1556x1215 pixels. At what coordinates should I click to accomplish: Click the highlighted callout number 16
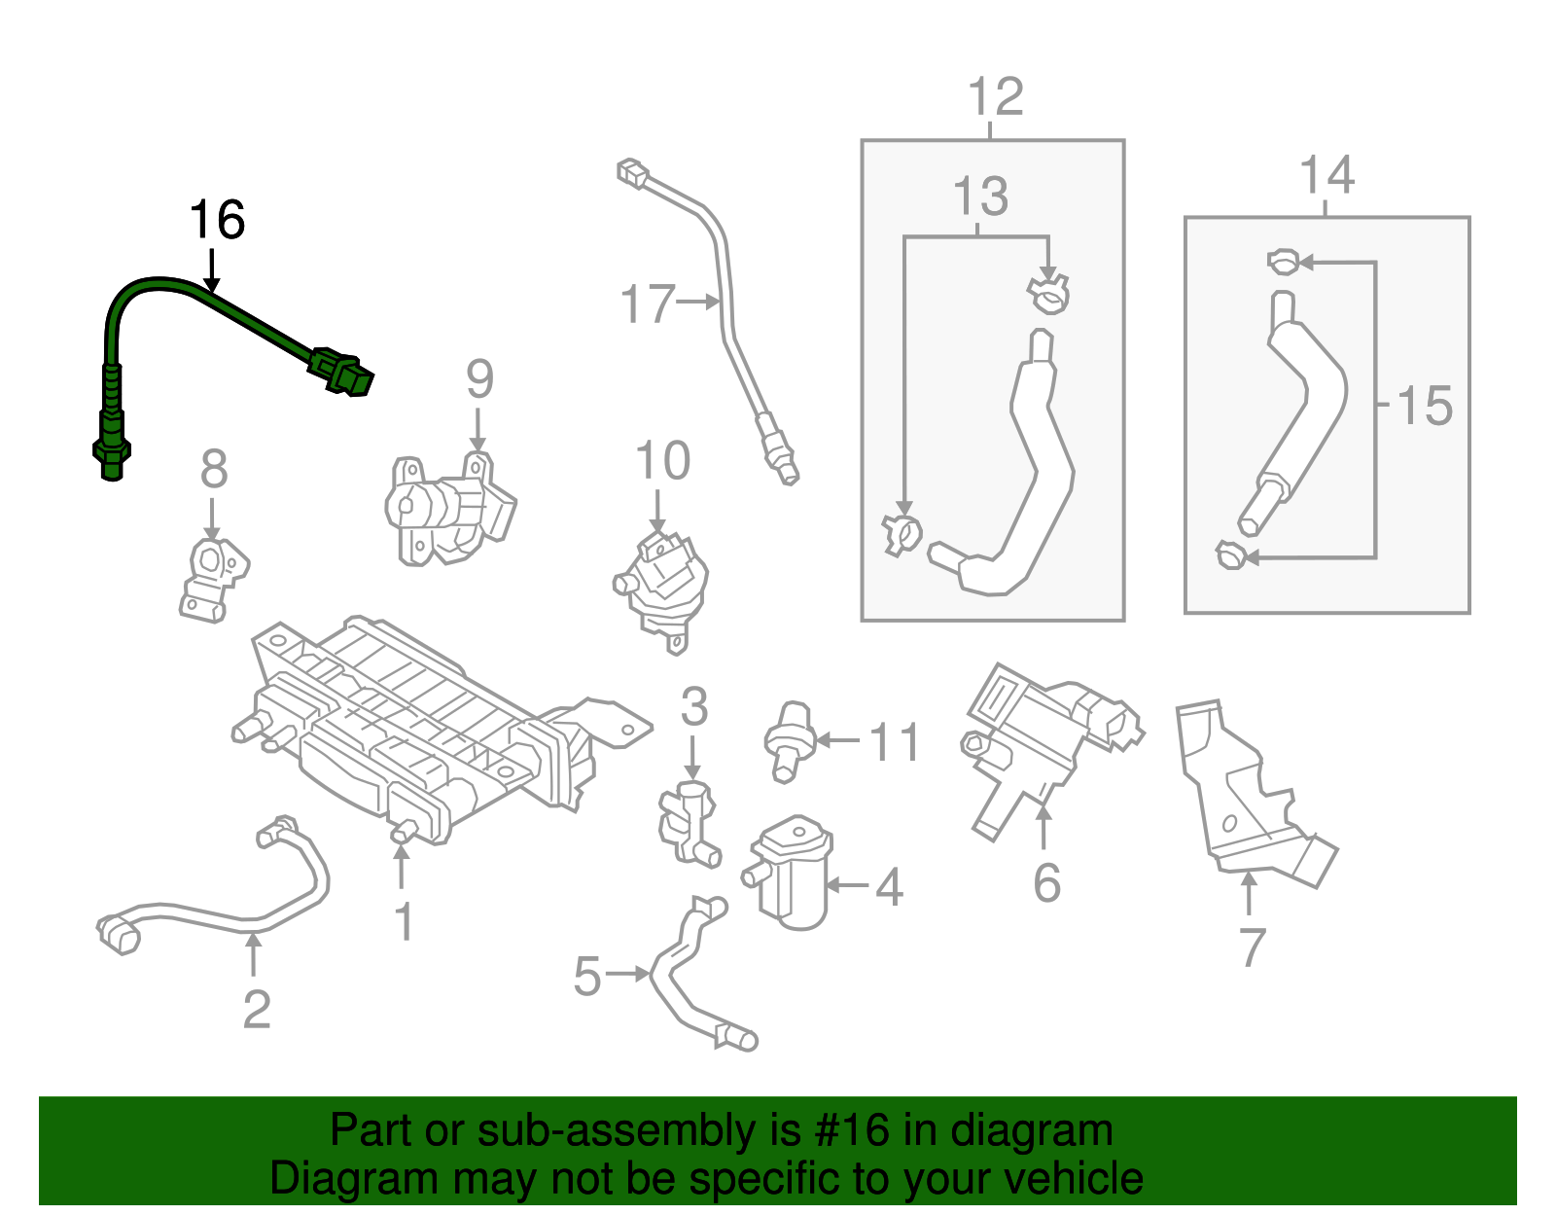coord(216,220)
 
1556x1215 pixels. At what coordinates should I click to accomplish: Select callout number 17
coord(648,304)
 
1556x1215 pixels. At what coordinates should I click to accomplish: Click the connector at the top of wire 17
coord(633,174)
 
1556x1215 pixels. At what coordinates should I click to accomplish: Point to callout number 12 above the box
coord(996,97)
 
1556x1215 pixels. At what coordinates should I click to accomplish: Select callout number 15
coord(1425,406)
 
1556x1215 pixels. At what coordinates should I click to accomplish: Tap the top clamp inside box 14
coord(1283,261)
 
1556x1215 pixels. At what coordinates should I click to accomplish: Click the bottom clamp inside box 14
coord(1230,556)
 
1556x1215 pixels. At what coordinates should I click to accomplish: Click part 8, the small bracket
coord(212,579)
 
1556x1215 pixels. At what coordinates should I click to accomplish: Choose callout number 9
coord(479,378)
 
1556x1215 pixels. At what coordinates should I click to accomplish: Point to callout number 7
coord(1252,947)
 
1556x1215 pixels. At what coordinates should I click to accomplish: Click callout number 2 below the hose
coord(256,1009)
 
